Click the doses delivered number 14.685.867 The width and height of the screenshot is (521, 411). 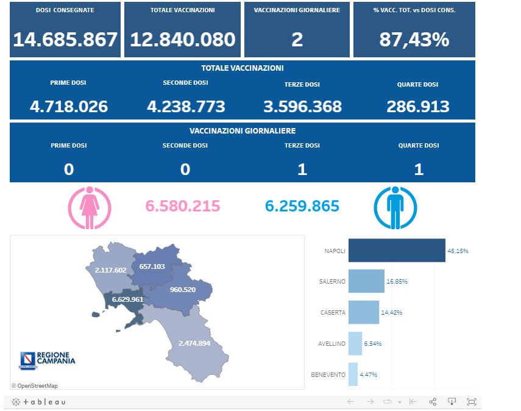click(x=65, y=40)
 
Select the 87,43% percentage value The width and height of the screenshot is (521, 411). click(x=414, y=40)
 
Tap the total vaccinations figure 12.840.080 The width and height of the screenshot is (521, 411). click(x=182, y=40)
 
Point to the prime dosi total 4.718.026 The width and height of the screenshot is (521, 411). click(x=68, y=107)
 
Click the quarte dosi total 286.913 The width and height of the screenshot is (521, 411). click(x=418, y=107)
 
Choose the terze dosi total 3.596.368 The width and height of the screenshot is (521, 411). click(x=302, y=107)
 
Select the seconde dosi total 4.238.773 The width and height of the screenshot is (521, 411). click(x=186, y=107)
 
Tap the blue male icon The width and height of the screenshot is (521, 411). click(x=395, y=207)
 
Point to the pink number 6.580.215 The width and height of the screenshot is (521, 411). click(x=182, y=206)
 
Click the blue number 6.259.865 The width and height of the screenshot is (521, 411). click(x=302, y=206)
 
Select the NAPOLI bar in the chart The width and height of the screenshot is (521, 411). click(x=396, y=251)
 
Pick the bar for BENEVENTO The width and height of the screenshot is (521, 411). click(x=353, y=374)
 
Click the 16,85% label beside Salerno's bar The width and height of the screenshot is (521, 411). click(x=397, y=282)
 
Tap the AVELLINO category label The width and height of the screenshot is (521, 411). click(x=331, y=344)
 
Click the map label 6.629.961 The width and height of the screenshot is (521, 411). click(x=127, y=299)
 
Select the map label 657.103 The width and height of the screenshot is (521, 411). click(x=152, y=266)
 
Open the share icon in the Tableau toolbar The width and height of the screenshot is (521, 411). click(x=433, y=402)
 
